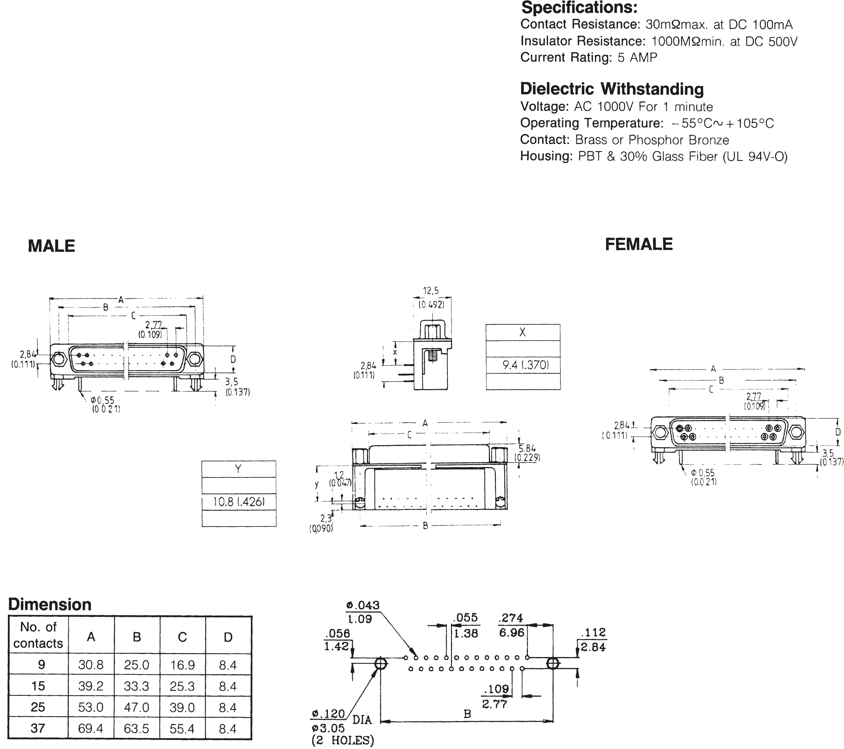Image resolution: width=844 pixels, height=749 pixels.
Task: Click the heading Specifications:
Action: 579,7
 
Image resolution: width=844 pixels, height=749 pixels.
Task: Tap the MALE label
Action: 51,246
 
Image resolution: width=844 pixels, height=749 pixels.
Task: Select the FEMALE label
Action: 638,244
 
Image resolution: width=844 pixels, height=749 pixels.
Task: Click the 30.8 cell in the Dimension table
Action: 91,665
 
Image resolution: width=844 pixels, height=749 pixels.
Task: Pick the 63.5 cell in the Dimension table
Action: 137,728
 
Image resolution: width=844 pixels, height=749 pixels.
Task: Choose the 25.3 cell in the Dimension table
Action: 182,686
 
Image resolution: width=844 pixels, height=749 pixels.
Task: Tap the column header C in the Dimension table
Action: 182,637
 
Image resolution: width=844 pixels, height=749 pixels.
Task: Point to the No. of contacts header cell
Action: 38,635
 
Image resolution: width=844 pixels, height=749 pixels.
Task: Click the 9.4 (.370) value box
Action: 523,365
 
